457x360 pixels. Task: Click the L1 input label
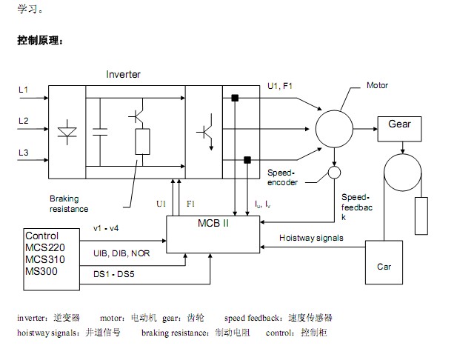pos(23,90)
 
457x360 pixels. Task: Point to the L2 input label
pos(23,120)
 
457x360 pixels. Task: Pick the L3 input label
pos(23,152)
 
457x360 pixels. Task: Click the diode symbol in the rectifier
pos(68,132)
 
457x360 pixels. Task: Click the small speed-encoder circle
pos(335,173)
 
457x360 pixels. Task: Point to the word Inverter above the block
pos(123,75)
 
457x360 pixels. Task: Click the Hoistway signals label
pos(311,238)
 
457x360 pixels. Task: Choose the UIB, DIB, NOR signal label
pos(121,253)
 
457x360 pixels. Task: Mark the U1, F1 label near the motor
pos(280,87)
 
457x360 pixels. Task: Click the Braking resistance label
pos(69,204)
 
